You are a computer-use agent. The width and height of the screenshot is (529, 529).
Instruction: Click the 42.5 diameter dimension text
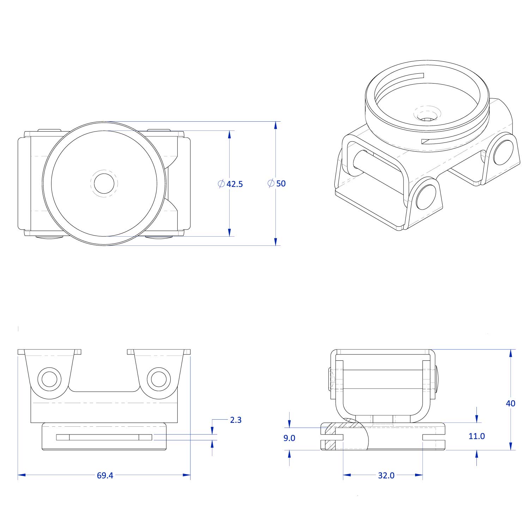pyautogui.click(x=235, y=184)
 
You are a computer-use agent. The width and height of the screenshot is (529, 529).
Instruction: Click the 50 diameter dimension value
pyautogui.click(x=281, y=183)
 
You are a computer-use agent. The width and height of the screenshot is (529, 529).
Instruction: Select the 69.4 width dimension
pyautogui.click(x=105, y=475)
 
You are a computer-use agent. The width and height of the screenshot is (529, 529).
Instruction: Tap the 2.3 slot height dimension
pyautogui.click(x=236, y=420)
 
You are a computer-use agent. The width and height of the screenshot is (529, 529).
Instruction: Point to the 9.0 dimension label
pyautogui.click(x=289, y=438)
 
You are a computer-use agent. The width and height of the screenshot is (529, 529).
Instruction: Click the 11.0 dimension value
pyautogui.click(x=476, y=436)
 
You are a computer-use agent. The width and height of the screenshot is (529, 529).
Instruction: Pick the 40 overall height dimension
pyautogui.click(x=510, y=403)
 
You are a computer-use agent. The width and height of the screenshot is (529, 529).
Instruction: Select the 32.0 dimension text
pyautogui.click(x=386, y=475)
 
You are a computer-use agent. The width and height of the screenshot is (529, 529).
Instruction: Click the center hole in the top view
pyautogui.click(x=104, y=183)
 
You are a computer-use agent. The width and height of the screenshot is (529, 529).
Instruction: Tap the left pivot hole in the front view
pyautogui.click(x=49, y=379)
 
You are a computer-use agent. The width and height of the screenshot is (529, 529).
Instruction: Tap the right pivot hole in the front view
pyautogui.click(x=158, y=379)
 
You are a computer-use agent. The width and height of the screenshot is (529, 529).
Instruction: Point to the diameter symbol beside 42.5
pyautogui.click(x=221, y=184)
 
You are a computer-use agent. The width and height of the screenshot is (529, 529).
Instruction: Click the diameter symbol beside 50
pyautogui.click(x=271, y=183)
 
